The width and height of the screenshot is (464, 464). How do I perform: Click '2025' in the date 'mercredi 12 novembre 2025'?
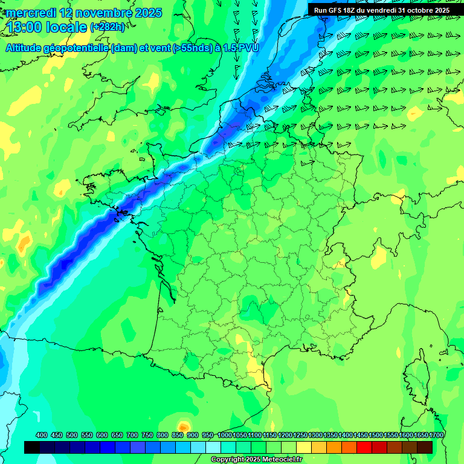(149, 13)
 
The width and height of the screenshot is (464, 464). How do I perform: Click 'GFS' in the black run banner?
(342, 10)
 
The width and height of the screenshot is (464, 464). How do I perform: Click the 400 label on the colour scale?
(42, 435)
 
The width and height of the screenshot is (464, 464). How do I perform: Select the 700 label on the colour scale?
(132, 435)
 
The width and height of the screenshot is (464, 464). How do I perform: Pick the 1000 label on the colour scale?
(225, 435)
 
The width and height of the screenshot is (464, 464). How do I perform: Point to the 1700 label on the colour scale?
(436, 435)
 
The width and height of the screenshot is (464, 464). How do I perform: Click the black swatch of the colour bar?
(32, 447)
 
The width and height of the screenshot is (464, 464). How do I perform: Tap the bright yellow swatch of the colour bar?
(304, 447)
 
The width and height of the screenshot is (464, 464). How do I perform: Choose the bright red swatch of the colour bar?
(364, 447)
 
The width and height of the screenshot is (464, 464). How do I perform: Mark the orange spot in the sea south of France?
(184, 428)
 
